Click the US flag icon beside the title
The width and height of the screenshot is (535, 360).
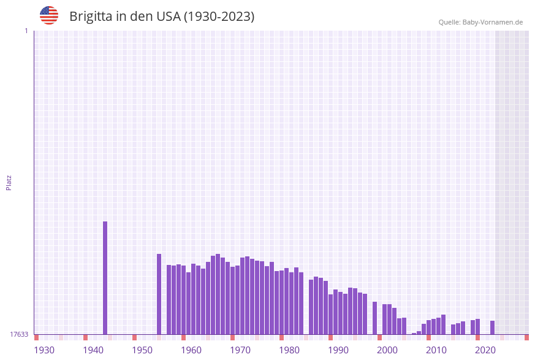pos(49,15)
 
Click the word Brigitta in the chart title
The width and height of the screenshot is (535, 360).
pos(91,17)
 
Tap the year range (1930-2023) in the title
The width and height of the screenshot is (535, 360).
pos(219,17)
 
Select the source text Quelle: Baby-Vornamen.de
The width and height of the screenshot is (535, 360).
pos(480,22)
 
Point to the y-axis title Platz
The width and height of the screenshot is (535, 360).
pos(9,182)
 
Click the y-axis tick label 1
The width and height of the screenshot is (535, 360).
pos(26,31)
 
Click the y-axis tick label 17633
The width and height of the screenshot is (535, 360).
pos(19,334)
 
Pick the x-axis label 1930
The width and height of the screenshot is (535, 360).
pos(44,350)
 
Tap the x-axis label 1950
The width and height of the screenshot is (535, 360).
pos(142,350)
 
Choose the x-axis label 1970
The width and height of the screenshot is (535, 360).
pos(240,350)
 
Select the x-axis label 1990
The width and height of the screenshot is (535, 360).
pos(338,350)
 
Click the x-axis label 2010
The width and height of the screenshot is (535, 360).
pos(436,350)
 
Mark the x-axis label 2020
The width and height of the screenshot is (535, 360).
pos(485,350)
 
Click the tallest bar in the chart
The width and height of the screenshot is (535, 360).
pos(105,277)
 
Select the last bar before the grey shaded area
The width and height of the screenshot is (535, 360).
pos(492,327)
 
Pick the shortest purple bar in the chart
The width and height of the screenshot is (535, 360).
pos(414,334)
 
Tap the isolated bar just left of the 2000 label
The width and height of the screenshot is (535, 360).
pos(374,318)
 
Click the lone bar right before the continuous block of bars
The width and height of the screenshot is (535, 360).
pos(159,294)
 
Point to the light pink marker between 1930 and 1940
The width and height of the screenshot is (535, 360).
pos(61,337)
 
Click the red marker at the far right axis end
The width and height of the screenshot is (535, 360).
pos(526,337)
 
